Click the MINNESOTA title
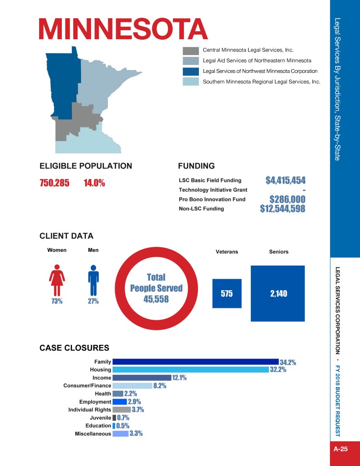[123, 29]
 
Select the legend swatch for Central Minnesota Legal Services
[191, 50]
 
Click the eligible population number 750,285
[54, 183]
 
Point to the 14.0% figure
[94, 183]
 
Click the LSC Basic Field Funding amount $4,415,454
[285, 180]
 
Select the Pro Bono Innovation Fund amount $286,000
[287, 200]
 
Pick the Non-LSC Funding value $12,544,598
[283, 209]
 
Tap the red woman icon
[57, 280]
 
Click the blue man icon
[93, 280]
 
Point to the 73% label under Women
[57, 301]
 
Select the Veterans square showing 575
[227, 294]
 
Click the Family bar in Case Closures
[195, 362]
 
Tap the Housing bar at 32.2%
[191, 369]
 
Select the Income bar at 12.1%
[142, 378]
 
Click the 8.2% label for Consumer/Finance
[160, 386]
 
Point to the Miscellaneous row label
[93, 434]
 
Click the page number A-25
[340, 449]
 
